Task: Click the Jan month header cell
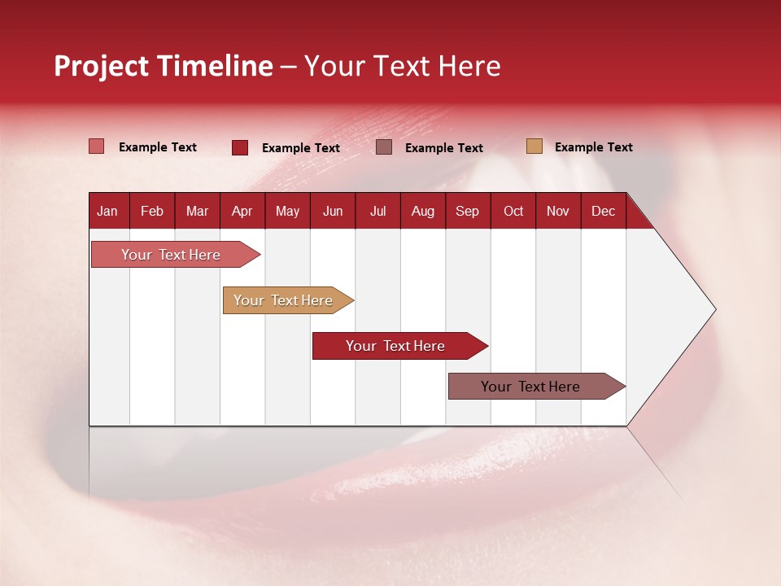click(108, 211)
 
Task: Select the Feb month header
click(152, 211)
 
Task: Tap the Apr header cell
click(242, 211)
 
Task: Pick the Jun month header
click(333, 211)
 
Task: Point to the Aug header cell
click(423, 211)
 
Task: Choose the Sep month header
click(468, 211)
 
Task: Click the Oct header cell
click(513, 211)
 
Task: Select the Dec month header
click(604, 211)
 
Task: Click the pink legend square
click(96, 146)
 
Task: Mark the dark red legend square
click(240, 147)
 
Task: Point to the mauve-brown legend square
click(384, 146)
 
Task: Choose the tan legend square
click(534, 146)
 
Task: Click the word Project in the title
click(101, 66)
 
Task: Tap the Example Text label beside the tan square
click(593, 147)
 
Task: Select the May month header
click(287, 211)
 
